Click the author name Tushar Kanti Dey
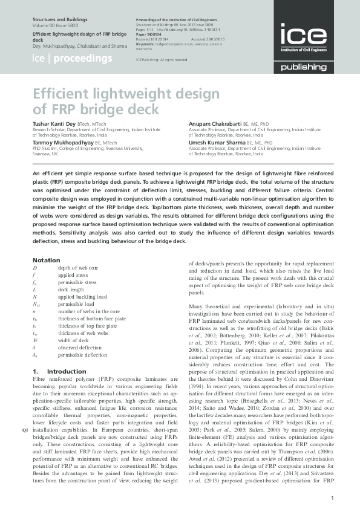point(50,123)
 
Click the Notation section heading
point(46,260)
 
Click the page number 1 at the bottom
point(333,498)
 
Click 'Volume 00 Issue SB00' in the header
point(58,27)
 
